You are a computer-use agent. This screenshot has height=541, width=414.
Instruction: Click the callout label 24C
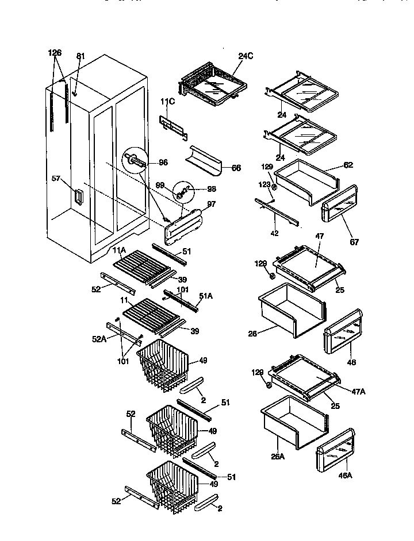(246, 56)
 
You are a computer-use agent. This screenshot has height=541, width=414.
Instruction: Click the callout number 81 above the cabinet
(80, 56)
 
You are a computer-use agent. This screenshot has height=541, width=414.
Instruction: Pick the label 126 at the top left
(54, 53)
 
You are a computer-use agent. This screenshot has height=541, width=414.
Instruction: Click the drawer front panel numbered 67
(339, 206)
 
